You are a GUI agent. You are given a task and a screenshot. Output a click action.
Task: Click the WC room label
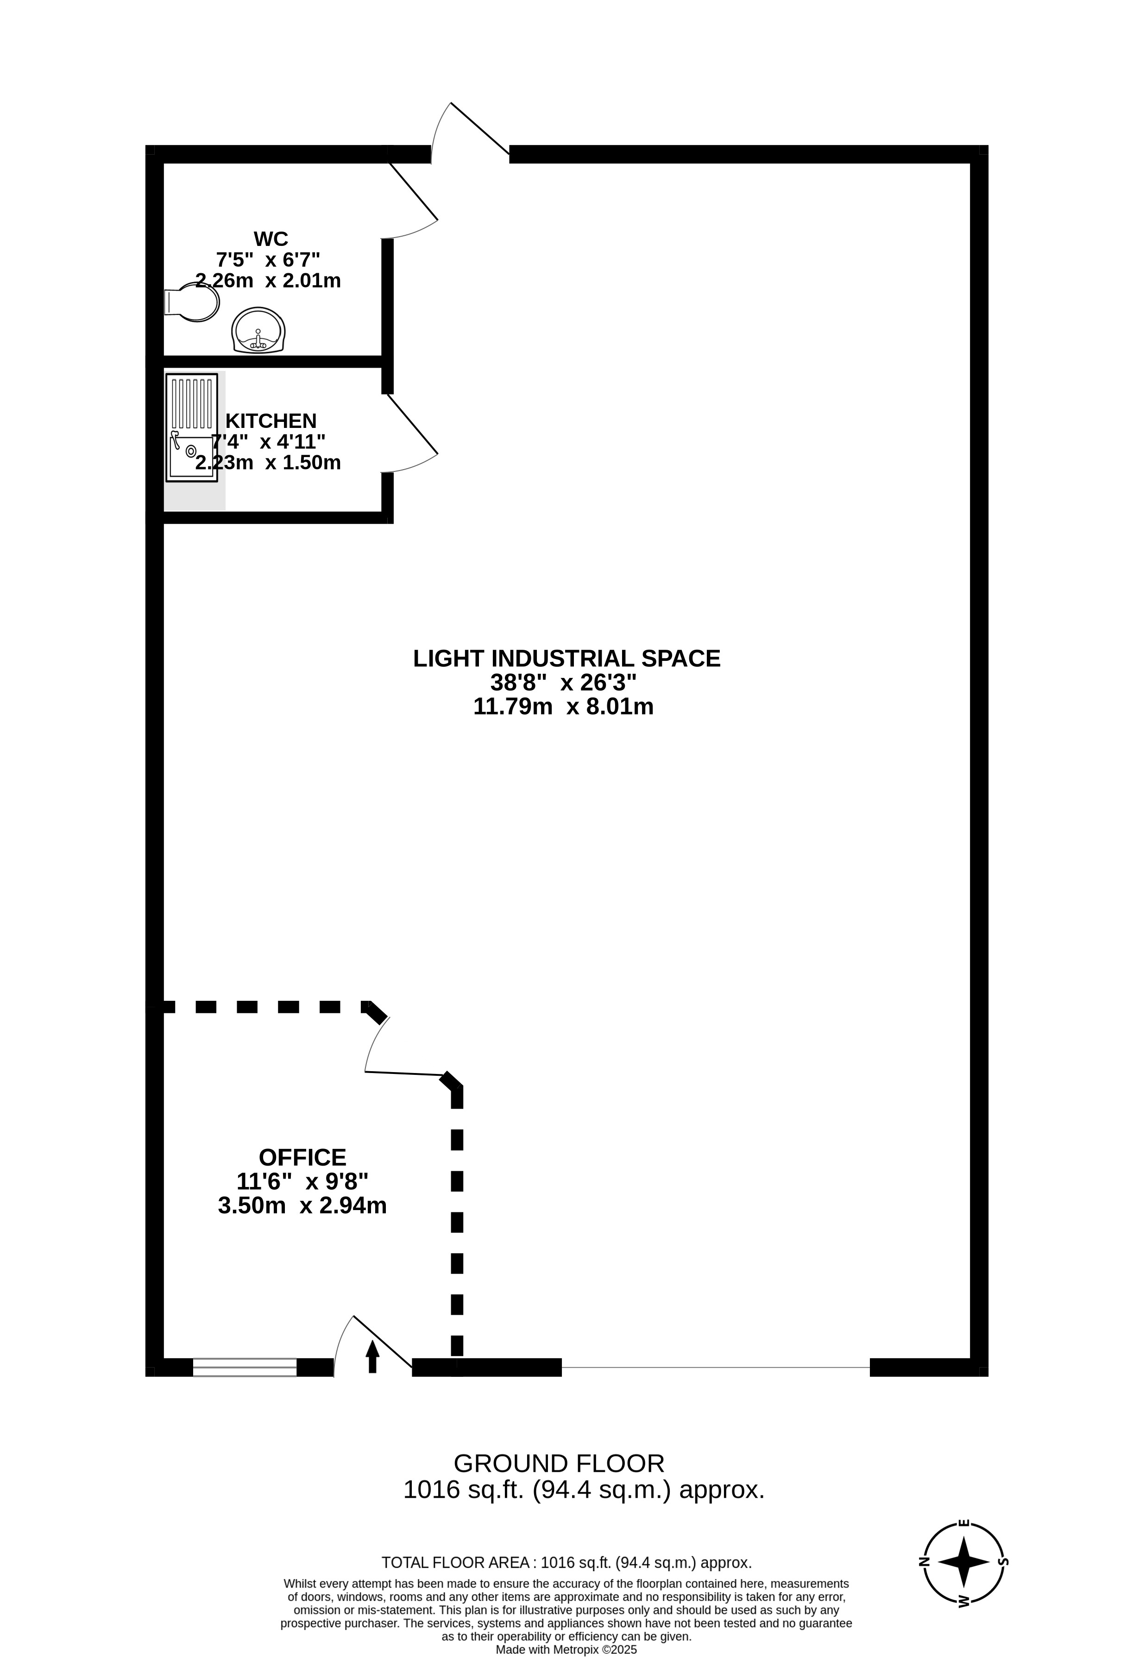coord(271,238)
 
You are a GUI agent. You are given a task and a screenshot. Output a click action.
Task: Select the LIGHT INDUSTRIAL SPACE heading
coord(567,658)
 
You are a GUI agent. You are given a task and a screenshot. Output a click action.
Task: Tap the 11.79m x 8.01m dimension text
coord(563,707)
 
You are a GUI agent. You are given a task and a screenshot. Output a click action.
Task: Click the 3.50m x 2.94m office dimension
coord(302,1205)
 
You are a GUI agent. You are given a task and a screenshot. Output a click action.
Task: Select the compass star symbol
coord(964,1562)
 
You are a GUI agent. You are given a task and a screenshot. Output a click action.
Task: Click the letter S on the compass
coord(1003,1562)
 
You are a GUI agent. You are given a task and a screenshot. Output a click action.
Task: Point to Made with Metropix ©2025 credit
coord(566,1649)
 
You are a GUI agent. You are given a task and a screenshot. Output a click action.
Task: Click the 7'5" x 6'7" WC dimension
coord(268,259)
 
